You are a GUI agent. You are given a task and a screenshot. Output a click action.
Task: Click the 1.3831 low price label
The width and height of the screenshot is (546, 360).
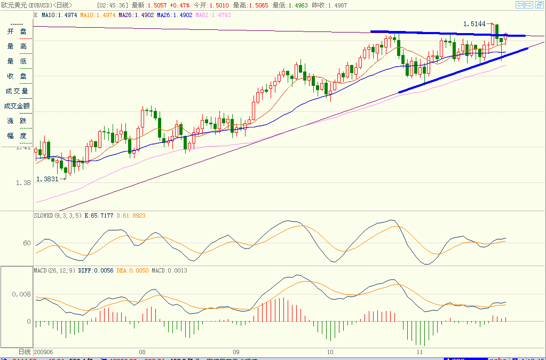[47, 179]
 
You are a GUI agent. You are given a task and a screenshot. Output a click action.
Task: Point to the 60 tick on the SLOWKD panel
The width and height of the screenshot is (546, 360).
[26, 244]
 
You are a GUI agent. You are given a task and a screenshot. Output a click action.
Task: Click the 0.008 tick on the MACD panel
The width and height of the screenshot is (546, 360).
[21, 293]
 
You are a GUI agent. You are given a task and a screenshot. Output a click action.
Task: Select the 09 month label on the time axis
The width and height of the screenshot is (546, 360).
[236, 353]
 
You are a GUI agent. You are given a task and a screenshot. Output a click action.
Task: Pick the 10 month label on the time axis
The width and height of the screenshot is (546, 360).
[330, 353]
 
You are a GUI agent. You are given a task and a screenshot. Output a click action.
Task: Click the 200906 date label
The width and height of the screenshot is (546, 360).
[43, 353]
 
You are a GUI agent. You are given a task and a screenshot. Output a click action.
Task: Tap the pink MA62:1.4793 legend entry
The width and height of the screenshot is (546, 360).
[213, 15]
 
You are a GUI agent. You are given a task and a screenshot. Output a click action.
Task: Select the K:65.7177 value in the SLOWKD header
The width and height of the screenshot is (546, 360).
[99, 215]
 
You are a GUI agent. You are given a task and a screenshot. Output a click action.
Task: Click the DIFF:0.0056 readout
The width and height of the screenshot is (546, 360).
[93, 270]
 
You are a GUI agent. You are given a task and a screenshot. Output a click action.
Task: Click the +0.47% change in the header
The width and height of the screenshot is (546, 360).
[180, 5]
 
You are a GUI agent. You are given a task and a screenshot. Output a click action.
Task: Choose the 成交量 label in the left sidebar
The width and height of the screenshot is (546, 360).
[17, 91]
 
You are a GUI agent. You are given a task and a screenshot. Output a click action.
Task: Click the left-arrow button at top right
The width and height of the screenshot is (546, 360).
[520, 5]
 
